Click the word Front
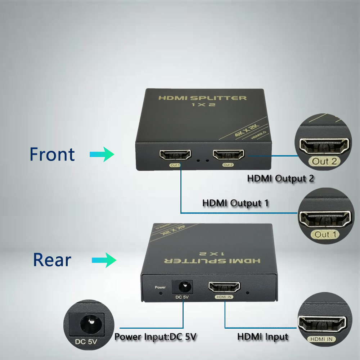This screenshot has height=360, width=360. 52,154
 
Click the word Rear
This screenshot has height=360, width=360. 52,260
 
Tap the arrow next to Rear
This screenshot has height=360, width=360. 104,260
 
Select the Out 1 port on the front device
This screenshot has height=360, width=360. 175,156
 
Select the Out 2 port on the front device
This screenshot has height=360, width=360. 229,155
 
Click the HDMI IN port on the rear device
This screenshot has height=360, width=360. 225,288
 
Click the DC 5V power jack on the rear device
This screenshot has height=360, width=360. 183,287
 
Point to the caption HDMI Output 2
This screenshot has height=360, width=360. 281,178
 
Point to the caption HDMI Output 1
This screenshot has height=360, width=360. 235,203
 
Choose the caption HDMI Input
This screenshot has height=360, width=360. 263,337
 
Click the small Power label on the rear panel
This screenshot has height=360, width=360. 160,287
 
